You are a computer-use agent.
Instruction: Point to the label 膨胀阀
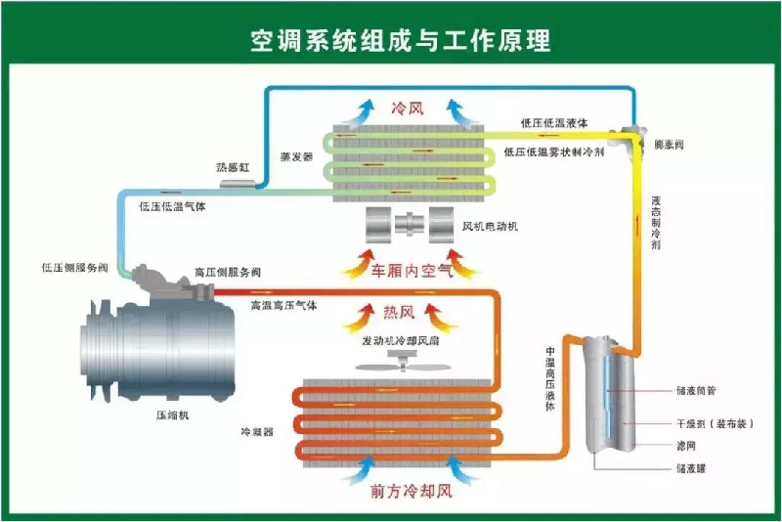click(668, 144)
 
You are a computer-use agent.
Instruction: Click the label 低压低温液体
click(553, 123)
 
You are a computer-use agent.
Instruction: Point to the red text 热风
click(399, 313)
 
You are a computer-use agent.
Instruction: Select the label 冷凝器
click(256, 430)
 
